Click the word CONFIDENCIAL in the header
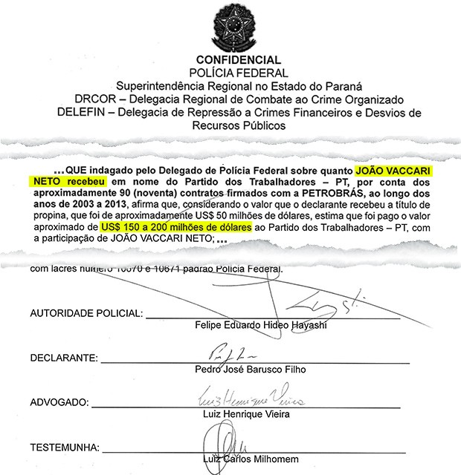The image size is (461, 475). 238,60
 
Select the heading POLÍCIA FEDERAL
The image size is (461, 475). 238,73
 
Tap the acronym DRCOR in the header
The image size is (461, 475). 94,99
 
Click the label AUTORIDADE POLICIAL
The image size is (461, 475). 79,315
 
